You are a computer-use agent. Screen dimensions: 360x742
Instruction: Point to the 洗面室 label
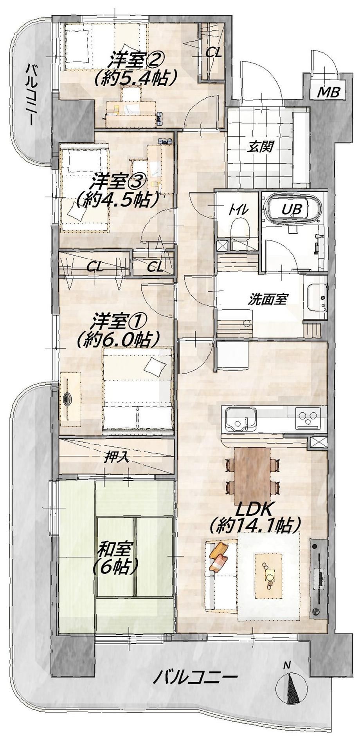(268, 300)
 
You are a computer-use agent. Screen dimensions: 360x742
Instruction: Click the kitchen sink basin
(239, 419)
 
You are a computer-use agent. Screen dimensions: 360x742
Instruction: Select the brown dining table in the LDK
(252, 469)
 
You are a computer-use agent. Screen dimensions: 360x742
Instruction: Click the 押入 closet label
(117, 458)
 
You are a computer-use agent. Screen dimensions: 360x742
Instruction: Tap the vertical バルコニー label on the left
(31, 94)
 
